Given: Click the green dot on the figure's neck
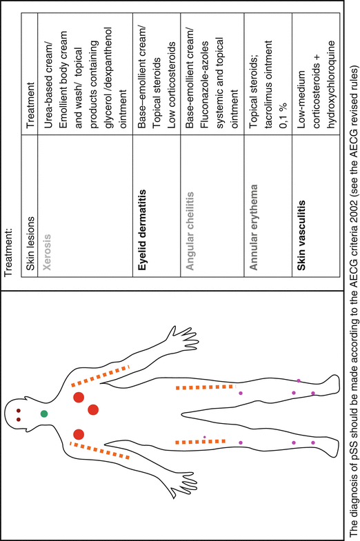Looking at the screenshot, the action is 44,414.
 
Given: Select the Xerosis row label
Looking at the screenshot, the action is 47,252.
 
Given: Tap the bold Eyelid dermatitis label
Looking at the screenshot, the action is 141,229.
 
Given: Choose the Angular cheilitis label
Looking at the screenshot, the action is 190,231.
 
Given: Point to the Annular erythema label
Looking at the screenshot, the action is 253,227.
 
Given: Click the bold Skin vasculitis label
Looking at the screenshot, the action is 301,235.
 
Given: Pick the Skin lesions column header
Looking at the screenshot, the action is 30,243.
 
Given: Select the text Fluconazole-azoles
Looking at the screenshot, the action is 204,85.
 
